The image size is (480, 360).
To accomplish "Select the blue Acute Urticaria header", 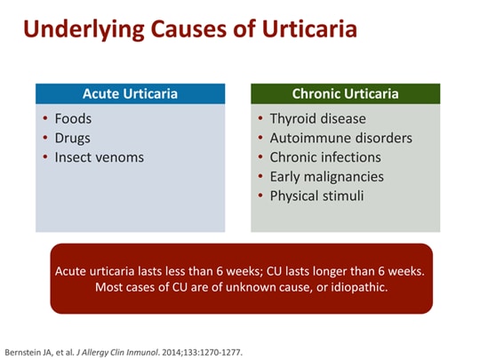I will [x=130, y=93].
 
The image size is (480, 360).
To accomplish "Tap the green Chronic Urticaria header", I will [x=345, y=93].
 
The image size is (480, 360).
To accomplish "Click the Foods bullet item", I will [x=73, y=118].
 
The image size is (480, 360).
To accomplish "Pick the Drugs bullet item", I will [x=72, y=138].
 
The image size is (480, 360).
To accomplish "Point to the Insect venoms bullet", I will [x=99, y=157].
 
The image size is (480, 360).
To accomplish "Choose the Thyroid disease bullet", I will [x=317, y=118].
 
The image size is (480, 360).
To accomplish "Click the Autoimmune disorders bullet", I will [x=340, y=138].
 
